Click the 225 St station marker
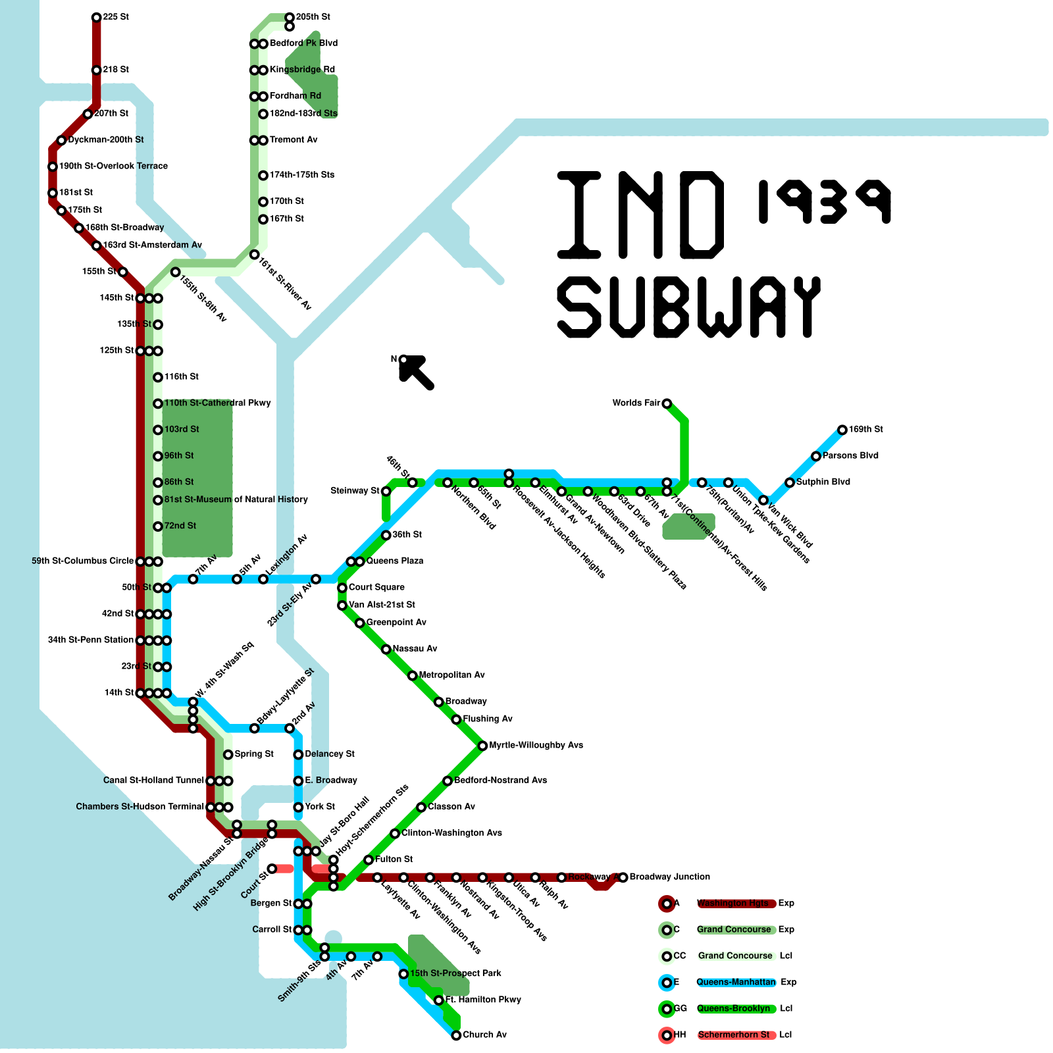(96, 17)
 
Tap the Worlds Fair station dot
(667, 403)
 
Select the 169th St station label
(865, 430)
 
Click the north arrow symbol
(416, 371)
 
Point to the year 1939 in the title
(825, 201)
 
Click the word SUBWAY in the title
(689, 307)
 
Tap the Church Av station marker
(456, 1035)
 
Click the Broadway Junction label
(669, 877)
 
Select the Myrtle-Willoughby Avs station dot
(482, 746)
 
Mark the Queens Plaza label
(395, 561)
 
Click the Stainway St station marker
(386, 491)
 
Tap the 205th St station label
(313, 17)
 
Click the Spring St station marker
(228, 754)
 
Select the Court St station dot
(272, 869)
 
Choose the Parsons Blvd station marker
(816, 456)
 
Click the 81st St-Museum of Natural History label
(236, 500)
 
